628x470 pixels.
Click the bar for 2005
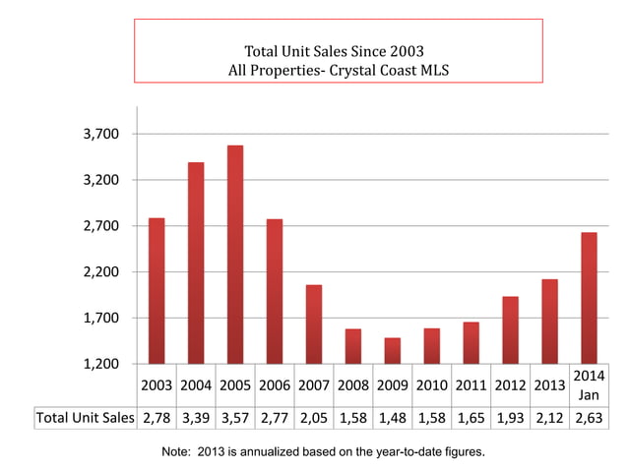click(x=235, y=255)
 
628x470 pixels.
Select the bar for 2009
click(x=393, y=351)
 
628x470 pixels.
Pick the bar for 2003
click(x=157, y=291)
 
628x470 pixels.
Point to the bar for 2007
click(x=314, y=324)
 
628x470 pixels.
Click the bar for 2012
click(x=511, y=330)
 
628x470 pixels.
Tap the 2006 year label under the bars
click(x=275, y=385)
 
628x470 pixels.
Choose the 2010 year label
click(x=432, y=385)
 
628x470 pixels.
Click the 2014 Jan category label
click(x=589, y=384)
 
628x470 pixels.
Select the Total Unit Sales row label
click(x=85, y=418)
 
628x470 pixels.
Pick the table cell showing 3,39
click(x=196, y=418)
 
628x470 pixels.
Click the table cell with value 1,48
click(x=393, y=418)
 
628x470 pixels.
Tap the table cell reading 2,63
click(x=589, y=418)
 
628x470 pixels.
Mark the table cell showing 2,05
click(x=314, y=418)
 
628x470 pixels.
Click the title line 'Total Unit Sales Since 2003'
click(x=335, y=49)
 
